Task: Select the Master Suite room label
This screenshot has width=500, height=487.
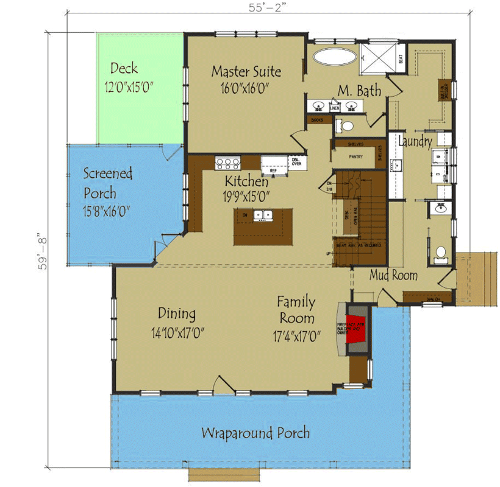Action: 246,71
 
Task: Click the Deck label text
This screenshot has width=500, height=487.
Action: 124,68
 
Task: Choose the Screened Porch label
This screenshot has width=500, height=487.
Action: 107,183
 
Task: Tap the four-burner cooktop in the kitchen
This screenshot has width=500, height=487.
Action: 227,163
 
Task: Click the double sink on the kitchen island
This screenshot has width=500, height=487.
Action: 263,215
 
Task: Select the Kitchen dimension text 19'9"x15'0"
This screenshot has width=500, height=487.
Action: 246,197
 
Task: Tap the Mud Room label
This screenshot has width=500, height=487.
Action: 393,276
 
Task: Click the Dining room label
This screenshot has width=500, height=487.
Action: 177,314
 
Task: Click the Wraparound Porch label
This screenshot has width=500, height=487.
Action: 255,433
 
